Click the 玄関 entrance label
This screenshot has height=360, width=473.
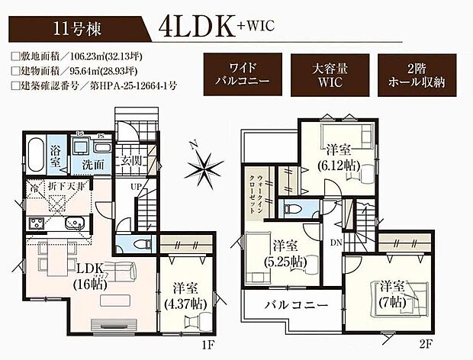click(x=131, y=161)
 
